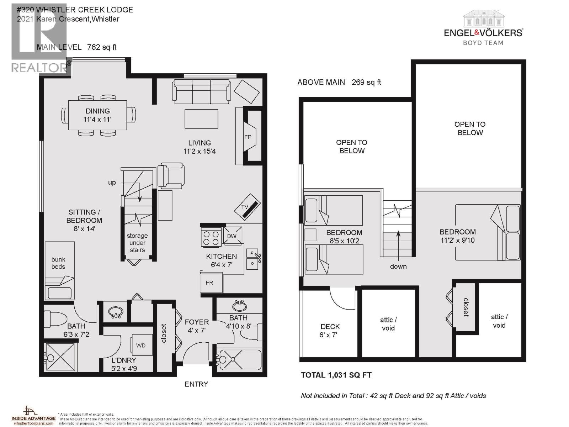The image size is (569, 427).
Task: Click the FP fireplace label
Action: click(248, 137)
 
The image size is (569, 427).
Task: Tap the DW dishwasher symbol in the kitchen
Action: click(232, 236)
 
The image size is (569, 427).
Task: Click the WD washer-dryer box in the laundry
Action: click(141, 345)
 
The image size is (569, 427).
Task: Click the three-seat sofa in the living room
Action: click(201, 91)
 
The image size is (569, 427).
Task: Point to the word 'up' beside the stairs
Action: click(112, 183)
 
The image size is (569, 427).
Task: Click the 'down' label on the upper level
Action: click(398, 267)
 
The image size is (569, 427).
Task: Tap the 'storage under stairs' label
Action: click(137, 243)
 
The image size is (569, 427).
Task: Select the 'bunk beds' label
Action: click(58, 263)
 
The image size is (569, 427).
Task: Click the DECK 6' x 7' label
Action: click(330, 331)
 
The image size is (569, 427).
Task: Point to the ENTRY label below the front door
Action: click(196, 384)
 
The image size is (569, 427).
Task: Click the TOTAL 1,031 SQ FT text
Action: click(336, 375)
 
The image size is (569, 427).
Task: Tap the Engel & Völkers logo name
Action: click(483, 33)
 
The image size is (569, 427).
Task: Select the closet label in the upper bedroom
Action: click(466, 307)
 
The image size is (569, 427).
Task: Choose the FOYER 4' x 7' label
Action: click(197, 326)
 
